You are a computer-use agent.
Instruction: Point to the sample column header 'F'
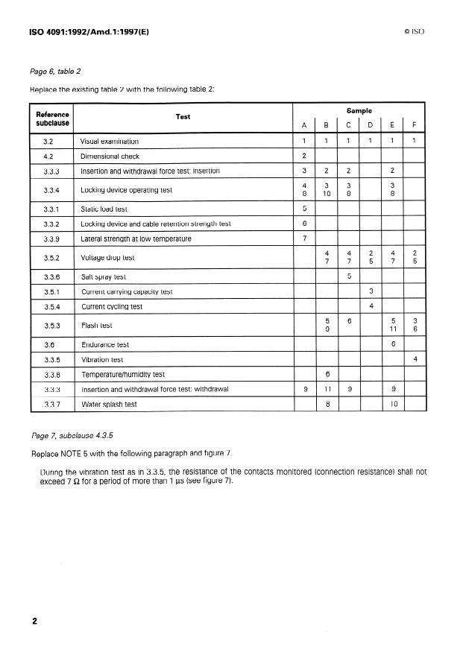[414, 124]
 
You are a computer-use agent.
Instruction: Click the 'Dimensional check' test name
[110, 156]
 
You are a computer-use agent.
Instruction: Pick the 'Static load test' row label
[104, 209]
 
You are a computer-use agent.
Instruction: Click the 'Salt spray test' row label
[104, 276]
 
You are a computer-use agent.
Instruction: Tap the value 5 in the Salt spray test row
[349, 276]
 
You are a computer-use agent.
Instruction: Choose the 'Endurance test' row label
[104, 345]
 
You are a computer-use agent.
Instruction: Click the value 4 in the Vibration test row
[414, 360]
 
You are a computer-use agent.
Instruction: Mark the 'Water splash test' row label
[109, 404]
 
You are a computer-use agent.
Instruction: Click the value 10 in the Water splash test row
[393, 404]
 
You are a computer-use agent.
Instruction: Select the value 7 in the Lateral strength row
[305, 238]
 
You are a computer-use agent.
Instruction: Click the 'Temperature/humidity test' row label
[123, 374]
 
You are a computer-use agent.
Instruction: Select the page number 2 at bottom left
[35, 621]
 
